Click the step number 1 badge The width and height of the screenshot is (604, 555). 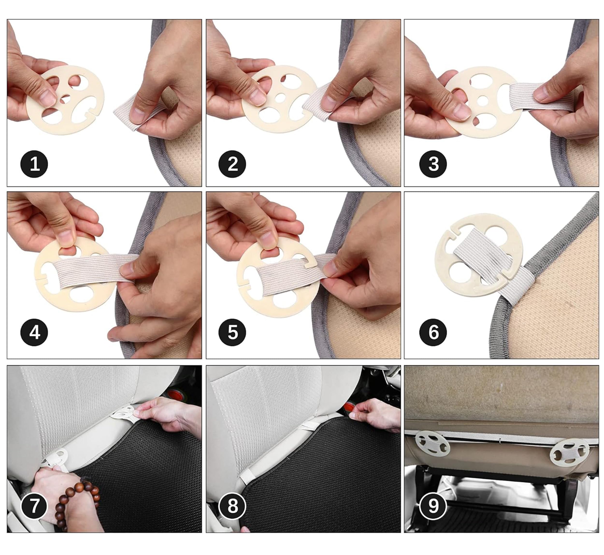click(34, 164)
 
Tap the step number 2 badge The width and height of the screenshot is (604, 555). click(232, 164)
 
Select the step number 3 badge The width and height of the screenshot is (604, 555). click(433, 164)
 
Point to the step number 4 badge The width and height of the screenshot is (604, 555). click(34, 333)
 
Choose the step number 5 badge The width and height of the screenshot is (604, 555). click(232, 333)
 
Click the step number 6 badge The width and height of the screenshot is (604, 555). click(433, 333)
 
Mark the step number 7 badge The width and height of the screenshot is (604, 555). click(34, 506)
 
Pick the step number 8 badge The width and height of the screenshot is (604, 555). click(232, 506)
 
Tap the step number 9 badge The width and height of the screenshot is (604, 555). click(433, 506)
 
